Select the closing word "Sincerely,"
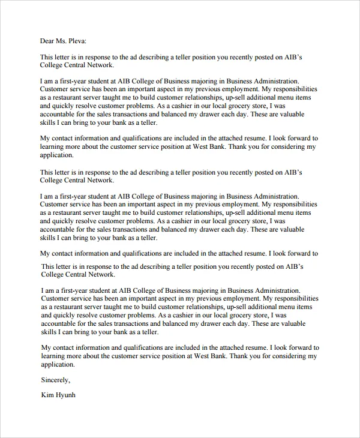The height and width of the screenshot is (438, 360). coord(55,380)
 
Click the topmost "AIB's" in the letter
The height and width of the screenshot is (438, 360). coord(292,57)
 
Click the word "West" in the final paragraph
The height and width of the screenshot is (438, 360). coord(218,356)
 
